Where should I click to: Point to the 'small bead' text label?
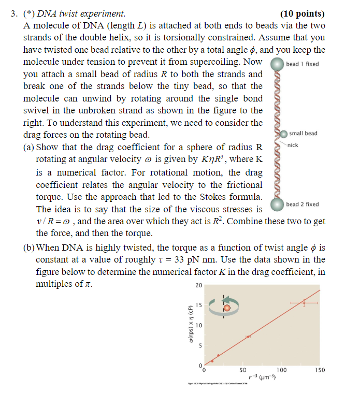tap(304, 134)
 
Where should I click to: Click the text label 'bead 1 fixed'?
tap(303, 64)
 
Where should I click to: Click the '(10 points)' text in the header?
tap(302, 14)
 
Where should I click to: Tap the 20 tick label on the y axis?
tap(198, 285)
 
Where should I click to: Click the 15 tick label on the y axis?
tap(198, 305)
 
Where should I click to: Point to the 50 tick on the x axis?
tap(242, 371)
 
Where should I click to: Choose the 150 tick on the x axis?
tap(320, 371)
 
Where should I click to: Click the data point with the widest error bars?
tap(304, 302)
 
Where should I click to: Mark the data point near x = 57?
tap(248, 337)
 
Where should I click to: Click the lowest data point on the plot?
tap(212, 361)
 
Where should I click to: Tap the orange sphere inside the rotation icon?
tap(227, 309)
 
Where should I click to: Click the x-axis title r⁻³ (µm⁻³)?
tap(262, 379)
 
